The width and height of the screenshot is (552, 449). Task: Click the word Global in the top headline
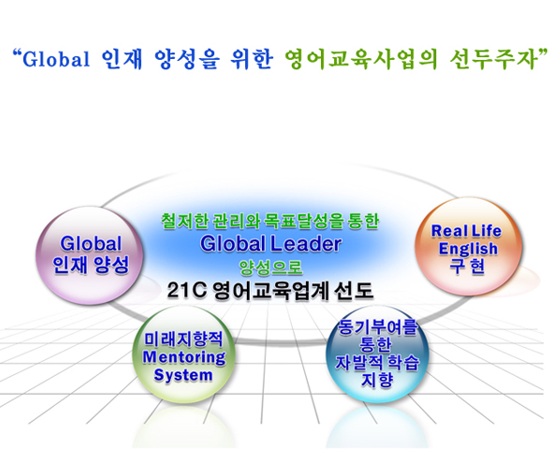(x=56, y=59)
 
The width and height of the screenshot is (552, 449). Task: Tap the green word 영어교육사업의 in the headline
(x=361, y=59)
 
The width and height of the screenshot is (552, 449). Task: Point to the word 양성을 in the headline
(x=187, y=59)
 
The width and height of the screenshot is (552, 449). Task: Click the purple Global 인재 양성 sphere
(x=90, y=255)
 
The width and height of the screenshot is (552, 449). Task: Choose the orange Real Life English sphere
(x=468, y=246)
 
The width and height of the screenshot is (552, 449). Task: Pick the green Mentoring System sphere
(x=183, y=355)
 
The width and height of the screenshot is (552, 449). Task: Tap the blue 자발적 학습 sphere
(x=377, y=354)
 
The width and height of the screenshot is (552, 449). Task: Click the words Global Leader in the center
(x=270, y=243)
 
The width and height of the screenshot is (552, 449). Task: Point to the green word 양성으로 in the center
(x=270, y=268)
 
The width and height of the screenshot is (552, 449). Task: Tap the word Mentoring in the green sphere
(x=184, y=357)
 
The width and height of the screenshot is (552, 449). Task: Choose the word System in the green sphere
(x=183, y=375)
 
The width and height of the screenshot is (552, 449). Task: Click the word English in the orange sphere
(x=468, y=249)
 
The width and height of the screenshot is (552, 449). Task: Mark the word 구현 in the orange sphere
(x=467, y=267)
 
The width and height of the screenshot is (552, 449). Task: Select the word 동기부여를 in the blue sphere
(x=377, y=327)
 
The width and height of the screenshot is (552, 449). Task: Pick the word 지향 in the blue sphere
(x=377, y=380)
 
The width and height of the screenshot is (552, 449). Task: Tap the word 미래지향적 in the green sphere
(x=183, y=340)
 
